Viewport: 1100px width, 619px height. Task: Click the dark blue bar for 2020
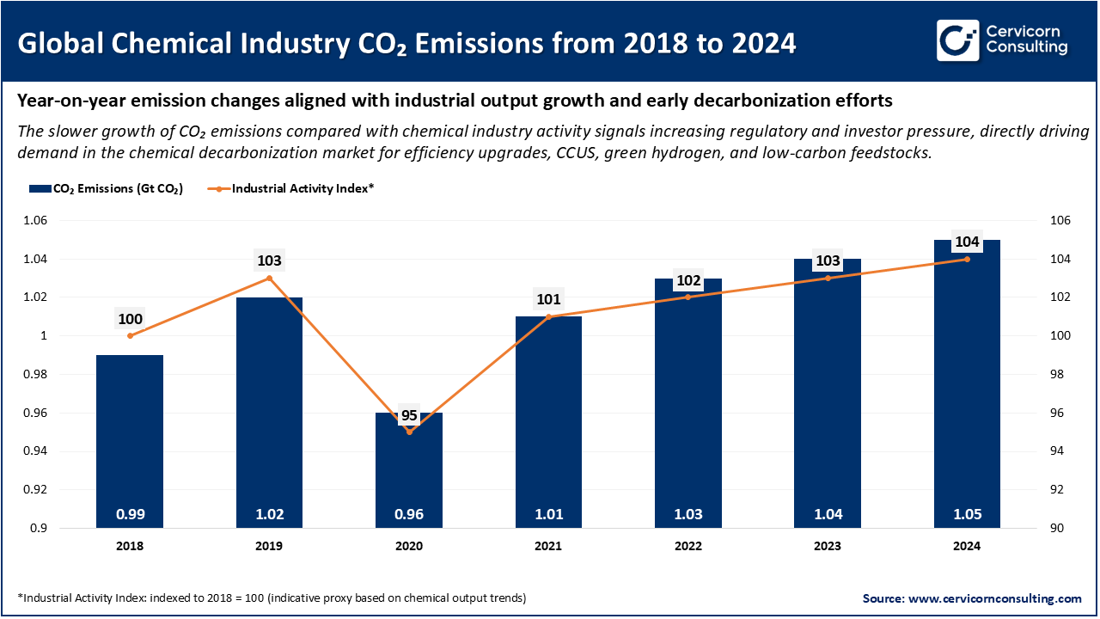pos(409,473)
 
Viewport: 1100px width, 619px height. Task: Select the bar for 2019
pos(269,413)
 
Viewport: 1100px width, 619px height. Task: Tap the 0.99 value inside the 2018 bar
pos(130,515)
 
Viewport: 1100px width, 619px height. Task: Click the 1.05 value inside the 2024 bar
pos(967,515)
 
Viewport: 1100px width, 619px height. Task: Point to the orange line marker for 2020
pos(409,432)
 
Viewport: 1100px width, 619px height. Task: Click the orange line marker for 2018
pos(130,335)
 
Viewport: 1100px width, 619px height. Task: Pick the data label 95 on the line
pos(409,415)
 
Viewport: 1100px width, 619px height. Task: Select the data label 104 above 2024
pos(967,242)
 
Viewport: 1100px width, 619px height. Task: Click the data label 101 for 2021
pos(548,300)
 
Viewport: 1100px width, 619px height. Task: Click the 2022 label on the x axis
pos(687,546)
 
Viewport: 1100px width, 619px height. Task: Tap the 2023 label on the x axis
pos(828,546)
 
